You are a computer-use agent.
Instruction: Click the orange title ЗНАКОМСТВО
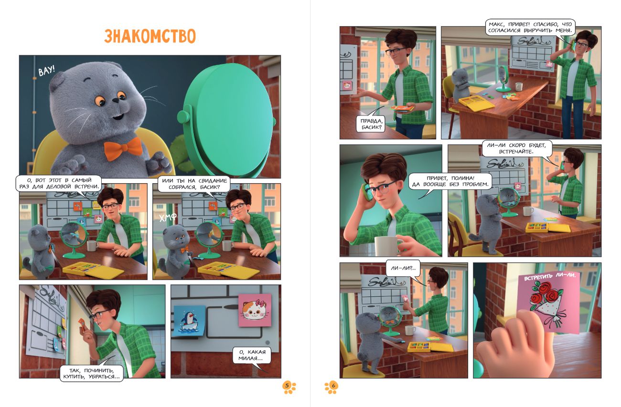click(x=150, y=36)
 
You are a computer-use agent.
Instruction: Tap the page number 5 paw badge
click(x=289, y=387)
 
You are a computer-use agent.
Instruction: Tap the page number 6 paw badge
click(x=332, y=387)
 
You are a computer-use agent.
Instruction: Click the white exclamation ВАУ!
click(x=47, y=71)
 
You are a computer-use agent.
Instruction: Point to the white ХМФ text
click(x=168, y=218)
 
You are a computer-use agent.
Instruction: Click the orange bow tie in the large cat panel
click(x=123, y=149)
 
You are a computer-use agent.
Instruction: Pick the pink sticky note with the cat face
click(x=255, y=310)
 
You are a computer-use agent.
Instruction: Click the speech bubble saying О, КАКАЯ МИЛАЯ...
click(x=252, y=355)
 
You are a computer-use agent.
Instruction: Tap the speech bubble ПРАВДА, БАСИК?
click(x=371, y=124)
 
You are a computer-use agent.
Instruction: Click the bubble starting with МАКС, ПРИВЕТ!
click(x=530, y=27)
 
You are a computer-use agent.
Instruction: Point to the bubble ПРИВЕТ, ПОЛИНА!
click(x=450, y=181)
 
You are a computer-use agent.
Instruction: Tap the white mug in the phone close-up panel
click(x=388, y=246)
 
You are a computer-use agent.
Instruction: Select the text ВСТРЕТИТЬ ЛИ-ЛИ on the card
click(x=550, y=276)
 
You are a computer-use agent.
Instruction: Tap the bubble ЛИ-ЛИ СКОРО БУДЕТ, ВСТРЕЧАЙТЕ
click(x=516, y=148)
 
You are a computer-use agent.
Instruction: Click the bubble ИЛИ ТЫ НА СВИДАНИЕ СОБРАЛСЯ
click(x=194, y=184)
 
